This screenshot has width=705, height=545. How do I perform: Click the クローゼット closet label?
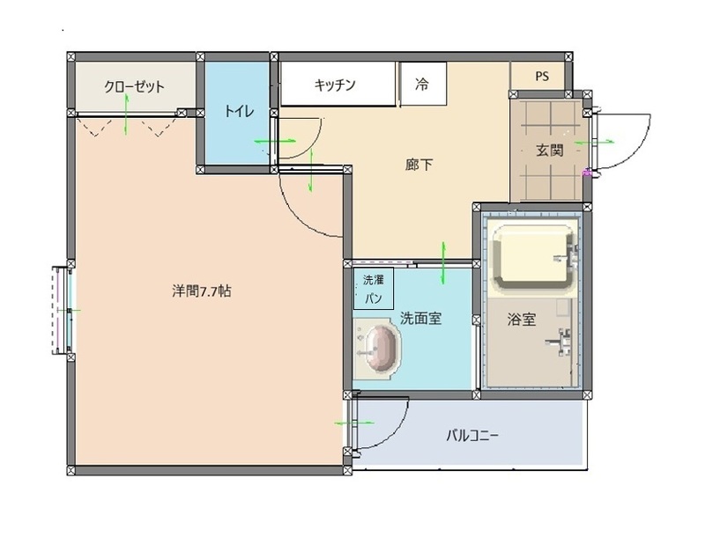point(135,86)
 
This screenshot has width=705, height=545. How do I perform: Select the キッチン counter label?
point(335,85)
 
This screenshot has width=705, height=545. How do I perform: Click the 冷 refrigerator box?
point(422,85)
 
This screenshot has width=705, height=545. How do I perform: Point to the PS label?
point(541,76)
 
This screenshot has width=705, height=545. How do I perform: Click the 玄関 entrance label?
point(549,150)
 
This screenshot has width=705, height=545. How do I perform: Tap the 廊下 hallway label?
point(419,164)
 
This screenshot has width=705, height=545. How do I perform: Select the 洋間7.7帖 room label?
point(202,291)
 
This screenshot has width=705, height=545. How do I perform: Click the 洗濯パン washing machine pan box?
point(373,289)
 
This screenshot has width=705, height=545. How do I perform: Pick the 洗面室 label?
point(420,319)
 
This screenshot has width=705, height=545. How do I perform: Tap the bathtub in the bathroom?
point(534,258)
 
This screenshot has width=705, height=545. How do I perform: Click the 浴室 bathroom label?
point(522,319)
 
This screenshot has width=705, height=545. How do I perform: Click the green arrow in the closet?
point(129,113)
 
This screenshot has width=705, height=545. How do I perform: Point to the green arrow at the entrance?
point(583,141)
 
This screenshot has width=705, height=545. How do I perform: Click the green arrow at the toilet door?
point(265,141)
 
